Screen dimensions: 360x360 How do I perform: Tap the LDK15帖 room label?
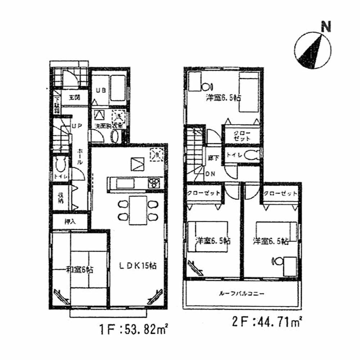138,266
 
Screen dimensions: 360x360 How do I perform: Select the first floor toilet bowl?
60,165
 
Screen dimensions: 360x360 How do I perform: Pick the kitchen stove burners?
154,183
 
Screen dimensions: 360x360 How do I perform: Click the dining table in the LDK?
138,210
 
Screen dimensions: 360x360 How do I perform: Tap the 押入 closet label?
70,221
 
